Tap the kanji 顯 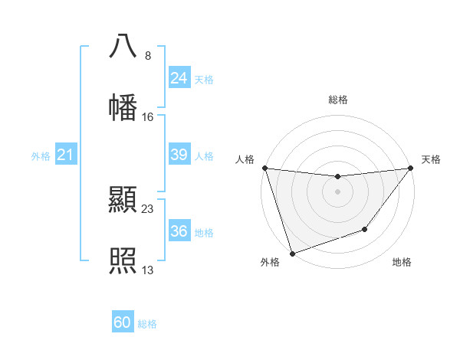tap(123, 201)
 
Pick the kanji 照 tap(123, 260)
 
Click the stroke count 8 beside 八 tap(148, 56)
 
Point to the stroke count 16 tap(148, 117)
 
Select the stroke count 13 tap(148, 270)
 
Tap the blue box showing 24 tap(179, 77)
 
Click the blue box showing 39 tap(179, 155)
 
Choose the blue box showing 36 tap(179, 231)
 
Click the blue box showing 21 tap(65, 155)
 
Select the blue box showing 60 tap(123, 322)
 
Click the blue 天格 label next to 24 tap(204, 79)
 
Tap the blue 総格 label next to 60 tap(147, 324)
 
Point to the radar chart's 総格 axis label tap(337, 100)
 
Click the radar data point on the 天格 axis tap(411, 168)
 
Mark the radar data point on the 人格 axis tap(264, 168)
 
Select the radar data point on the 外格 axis tap(292, 253)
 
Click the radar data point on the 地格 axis tap(366, 229)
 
